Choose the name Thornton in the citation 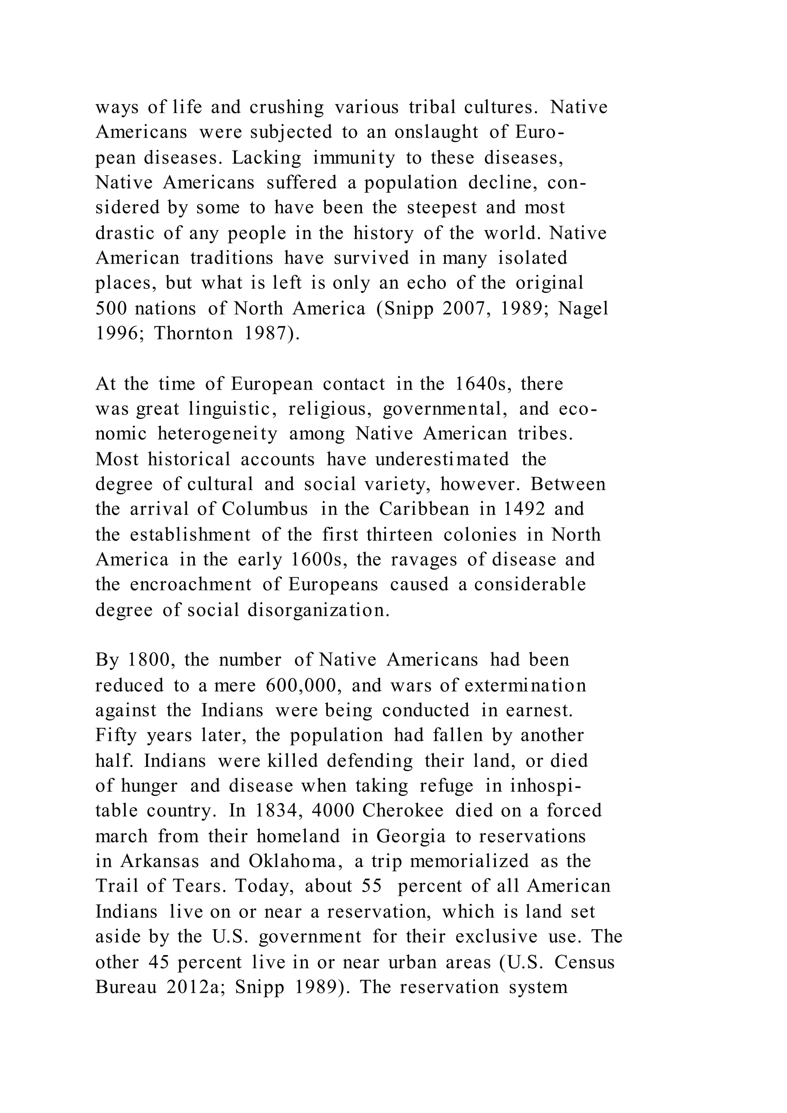click(193, 334)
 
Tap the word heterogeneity click(218, 434)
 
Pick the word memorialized click(469, 861)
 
